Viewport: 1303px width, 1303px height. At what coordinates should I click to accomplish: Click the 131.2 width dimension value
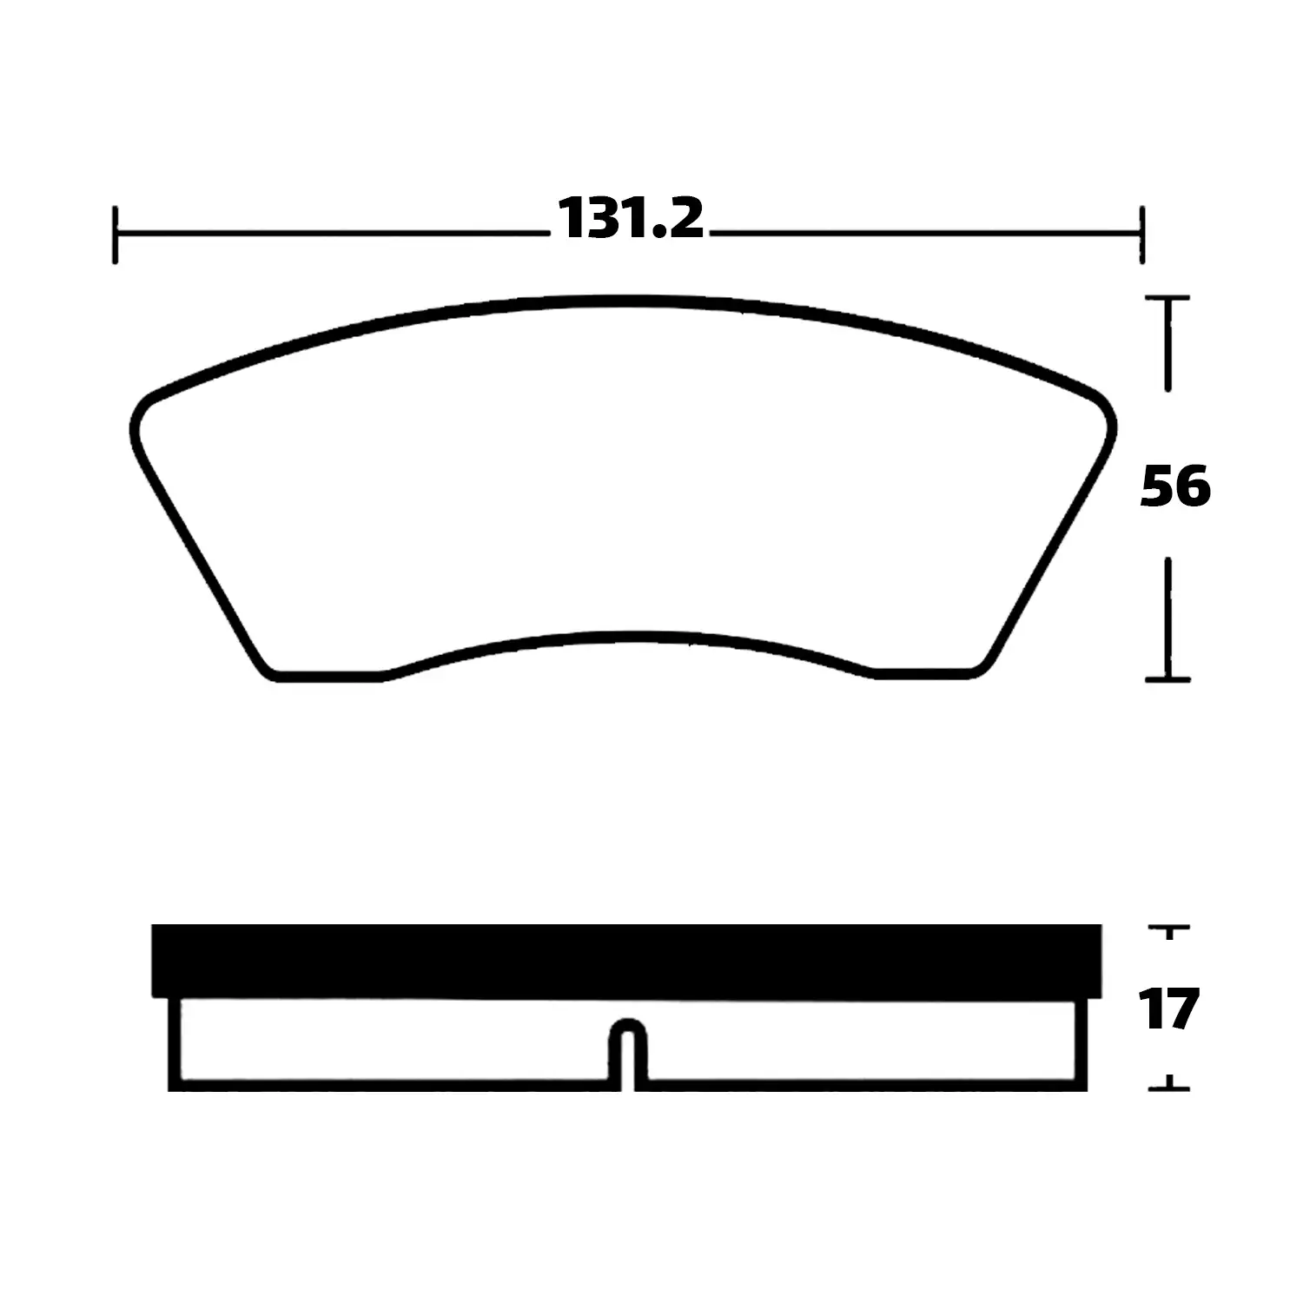click(630, 218)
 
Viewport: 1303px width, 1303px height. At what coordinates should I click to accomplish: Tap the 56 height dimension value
click(1174, 486)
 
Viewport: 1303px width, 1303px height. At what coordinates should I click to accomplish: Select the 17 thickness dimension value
click(1171, 1009)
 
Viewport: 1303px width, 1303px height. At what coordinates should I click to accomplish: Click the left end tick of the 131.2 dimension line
click(115, 235)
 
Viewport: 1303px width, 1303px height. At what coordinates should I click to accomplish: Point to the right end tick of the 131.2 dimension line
click(1141, 235)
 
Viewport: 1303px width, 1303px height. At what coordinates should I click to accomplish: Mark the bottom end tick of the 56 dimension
click(1168, 678)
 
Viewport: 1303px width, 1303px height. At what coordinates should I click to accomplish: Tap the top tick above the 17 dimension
click(1169, 930)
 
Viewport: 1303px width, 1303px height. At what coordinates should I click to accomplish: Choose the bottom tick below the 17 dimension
click(1169, 1085)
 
